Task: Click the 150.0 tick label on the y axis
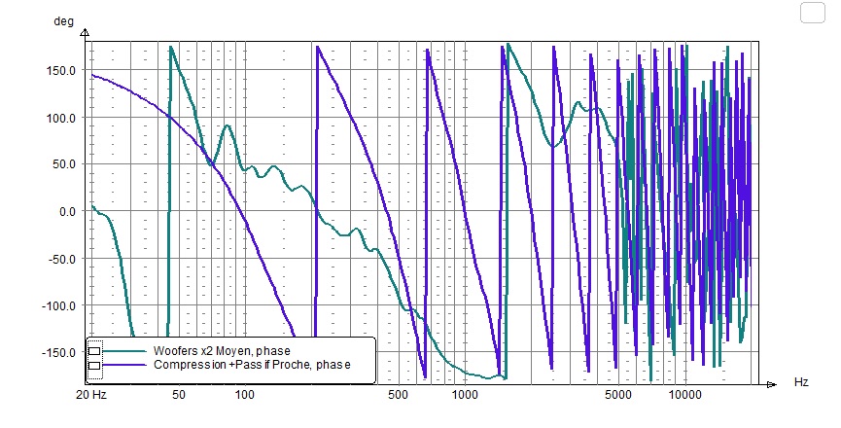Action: point(63,70)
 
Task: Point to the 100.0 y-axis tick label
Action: point(63,118)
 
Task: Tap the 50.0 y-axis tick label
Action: point(66,164)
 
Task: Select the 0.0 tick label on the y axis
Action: point(69,211)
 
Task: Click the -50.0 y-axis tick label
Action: point(64,259)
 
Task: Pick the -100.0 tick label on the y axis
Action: point(61,305)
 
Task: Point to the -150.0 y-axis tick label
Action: point(61,352)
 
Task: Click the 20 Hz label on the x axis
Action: point(91,396)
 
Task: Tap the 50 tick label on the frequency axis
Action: point(177,396)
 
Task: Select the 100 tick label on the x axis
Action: point(244,396)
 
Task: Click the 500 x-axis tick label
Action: point(398,396)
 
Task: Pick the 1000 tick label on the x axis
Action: point(465,396)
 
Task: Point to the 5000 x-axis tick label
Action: point(618,396)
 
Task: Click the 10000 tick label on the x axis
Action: point(685,396)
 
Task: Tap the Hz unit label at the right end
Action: point(801,382)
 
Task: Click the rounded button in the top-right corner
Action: point(812,13)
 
